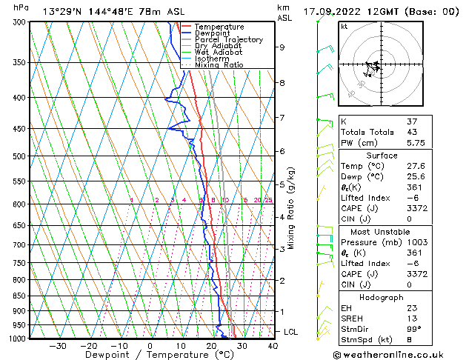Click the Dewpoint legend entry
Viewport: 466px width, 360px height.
212,33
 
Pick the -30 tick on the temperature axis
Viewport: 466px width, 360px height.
58,346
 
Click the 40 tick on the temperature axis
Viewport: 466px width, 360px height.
273,346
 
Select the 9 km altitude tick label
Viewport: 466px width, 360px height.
282,47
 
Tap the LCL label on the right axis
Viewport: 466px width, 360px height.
290,332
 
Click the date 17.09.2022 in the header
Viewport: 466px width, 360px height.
334,12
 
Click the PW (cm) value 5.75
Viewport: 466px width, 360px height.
416,144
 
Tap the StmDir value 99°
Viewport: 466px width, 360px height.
414,329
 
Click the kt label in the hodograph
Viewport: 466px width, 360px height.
344,26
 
